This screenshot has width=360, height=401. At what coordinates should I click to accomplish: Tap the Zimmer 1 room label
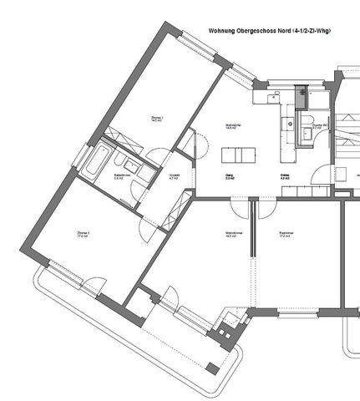156,119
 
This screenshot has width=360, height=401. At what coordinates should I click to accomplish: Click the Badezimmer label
119,176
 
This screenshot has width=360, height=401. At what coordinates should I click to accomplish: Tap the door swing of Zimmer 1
157,154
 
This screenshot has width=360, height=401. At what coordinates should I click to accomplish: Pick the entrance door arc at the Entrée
317,176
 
